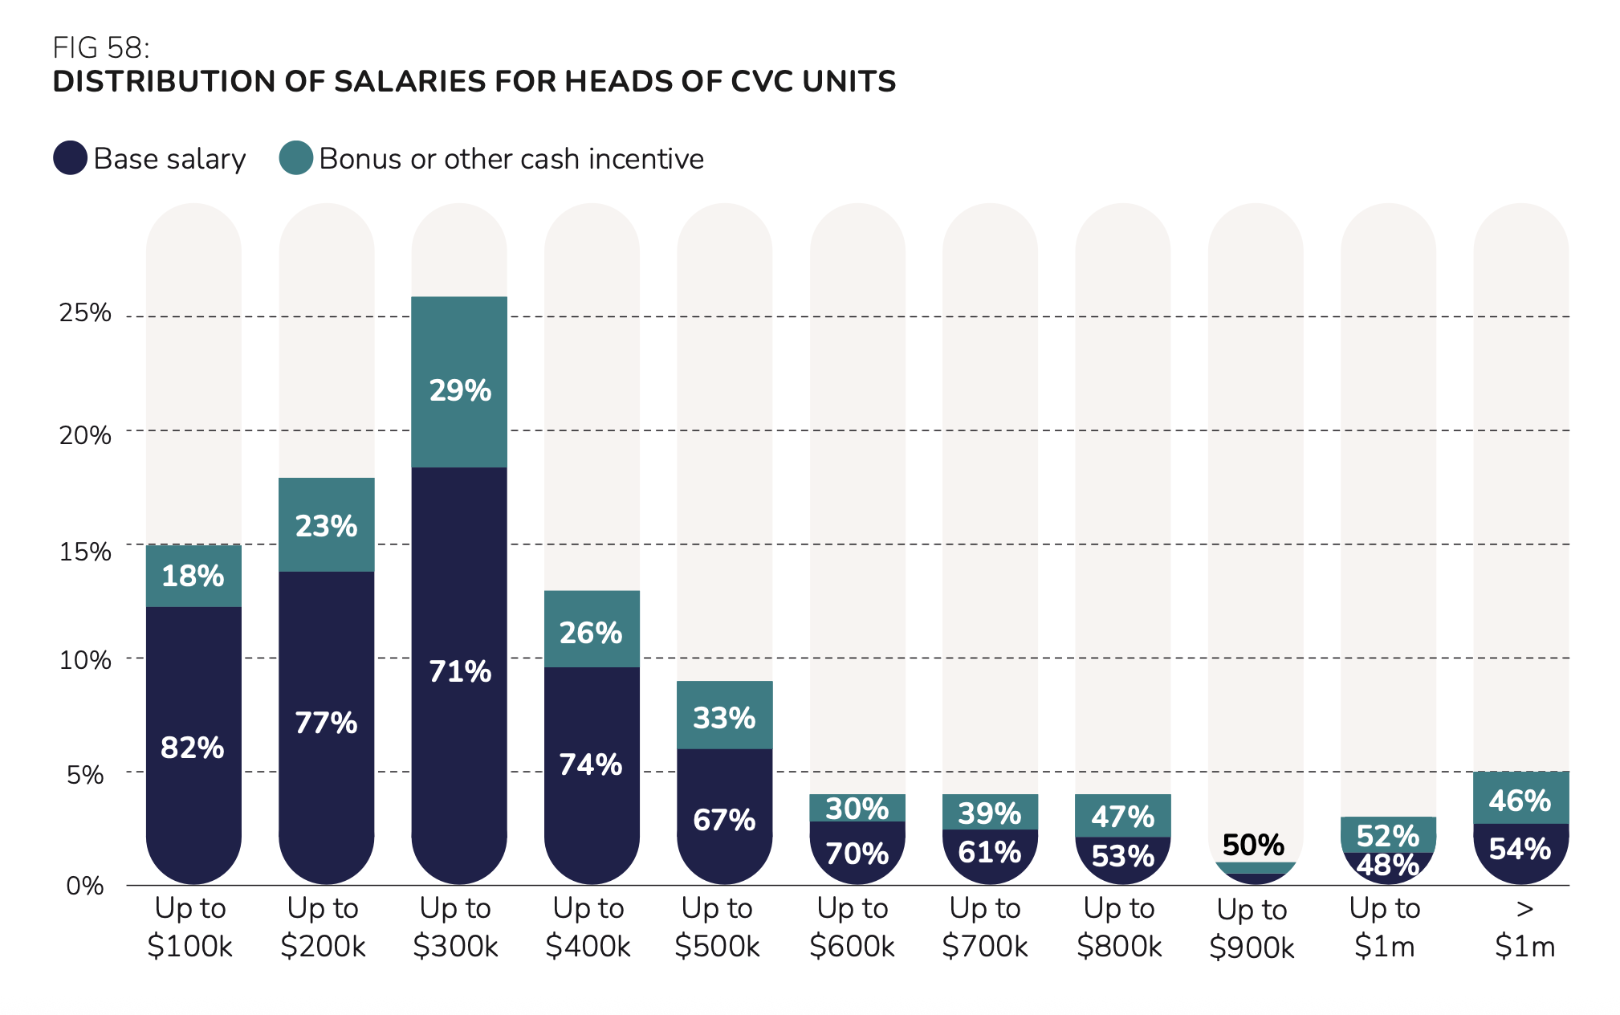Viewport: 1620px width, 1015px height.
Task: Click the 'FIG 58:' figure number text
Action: (101, 48)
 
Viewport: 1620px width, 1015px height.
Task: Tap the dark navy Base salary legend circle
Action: (71, 158)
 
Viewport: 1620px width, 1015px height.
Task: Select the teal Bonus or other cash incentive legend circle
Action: (296, 158)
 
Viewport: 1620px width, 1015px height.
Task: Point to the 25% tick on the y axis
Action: (85, 312)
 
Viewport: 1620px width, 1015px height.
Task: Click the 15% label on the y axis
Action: (85, 552)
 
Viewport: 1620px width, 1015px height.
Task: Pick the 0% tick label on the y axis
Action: (85, 886)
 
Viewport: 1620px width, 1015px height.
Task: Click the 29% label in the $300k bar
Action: (460, 390)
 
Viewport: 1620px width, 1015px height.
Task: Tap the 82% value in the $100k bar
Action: (193, 748)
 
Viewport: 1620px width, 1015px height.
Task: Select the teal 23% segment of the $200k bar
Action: (326, 525)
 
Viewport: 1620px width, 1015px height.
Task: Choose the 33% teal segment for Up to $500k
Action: (724, 716)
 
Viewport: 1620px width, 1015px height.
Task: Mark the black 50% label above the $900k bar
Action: (1253, 845)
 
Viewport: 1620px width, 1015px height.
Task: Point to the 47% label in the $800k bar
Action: (1122, 817)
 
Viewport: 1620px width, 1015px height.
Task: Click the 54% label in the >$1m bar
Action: (1520, 849)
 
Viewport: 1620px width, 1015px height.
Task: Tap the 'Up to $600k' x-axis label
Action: (853, 927)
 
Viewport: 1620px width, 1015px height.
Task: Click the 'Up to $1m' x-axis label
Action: (1385, 927)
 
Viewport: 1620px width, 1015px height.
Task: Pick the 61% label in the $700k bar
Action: (990, 852)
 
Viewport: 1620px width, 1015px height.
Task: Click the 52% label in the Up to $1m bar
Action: (1388, 836)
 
